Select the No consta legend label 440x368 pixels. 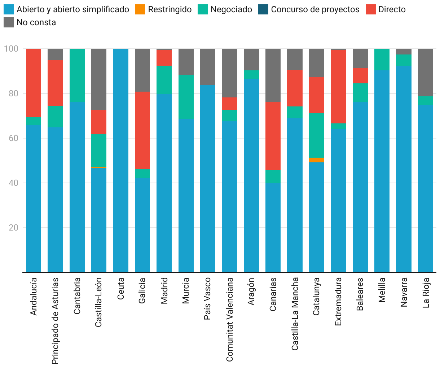(36, 22)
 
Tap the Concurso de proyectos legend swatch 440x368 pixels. (264, 9)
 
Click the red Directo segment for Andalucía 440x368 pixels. (34, 83)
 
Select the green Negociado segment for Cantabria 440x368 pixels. (77, 75)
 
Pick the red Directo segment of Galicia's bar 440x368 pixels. (142, 130)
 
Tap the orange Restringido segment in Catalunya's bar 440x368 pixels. (317, 160)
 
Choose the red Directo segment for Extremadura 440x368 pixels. (338, 87)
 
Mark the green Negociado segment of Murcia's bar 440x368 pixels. (186, 97)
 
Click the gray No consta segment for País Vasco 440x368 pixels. (208, 67)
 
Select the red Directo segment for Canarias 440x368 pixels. (273, 136)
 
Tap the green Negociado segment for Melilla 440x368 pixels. (382, 60)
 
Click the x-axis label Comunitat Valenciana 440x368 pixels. (230, 319)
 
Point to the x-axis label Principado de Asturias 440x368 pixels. (55, 321)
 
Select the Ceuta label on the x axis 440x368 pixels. (121, 288)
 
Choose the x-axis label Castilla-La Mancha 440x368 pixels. (295, 314)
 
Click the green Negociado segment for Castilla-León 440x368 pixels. (99, 150)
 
